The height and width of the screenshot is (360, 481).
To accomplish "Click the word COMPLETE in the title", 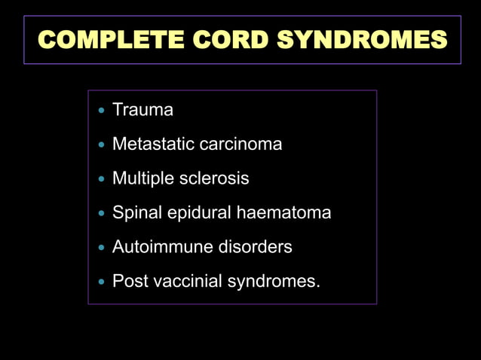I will pyautogui.click(x=109, y=39).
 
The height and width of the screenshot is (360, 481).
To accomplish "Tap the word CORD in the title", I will pyautogui.click(x=225, y=39).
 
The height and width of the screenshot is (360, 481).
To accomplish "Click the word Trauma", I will pyautogui.click(x=142, y=110).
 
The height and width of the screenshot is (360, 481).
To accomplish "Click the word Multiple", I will pyautogui.click(x=142, y=178).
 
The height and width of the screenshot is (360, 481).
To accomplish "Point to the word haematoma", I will pyautogui.click(x=284, y=213).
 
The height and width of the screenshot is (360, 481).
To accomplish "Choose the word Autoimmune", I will pyautogui.click(x=155, y=247).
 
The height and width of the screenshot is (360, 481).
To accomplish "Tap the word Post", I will pyautogui.click(x=128, y=282).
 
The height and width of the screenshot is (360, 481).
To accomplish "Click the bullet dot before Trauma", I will pyautogui.click(x=102, y=111).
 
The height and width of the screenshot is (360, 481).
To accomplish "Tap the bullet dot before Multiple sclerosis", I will pyautogui.click(x=102, y=179).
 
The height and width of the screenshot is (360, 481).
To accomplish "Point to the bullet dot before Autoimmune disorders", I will pyautogui.click(x=102, y=248).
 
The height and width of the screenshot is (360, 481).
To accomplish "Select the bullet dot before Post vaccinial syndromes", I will pyautogui.click(x=102, y=282).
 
